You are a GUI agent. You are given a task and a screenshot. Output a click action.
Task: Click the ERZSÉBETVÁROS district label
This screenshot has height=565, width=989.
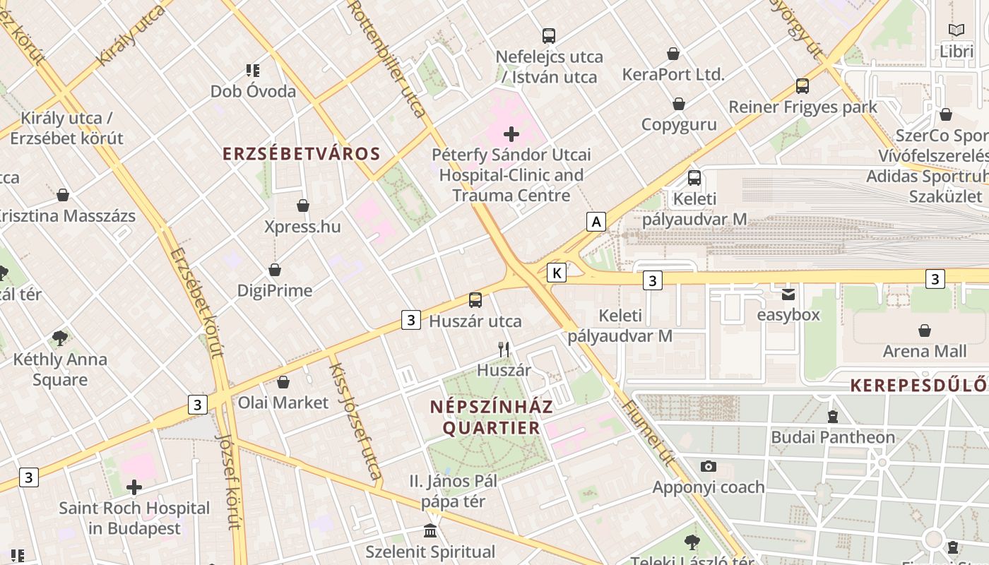(x=302, y=154)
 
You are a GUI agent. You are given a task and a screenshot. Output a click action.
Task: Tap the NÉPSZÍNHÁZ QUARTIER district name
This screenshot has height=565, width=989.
(x=491, y=417)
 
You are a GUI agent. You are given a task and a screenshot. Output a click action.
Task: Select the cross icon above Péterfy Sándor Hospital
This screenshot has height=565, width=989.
(x=511, y=134)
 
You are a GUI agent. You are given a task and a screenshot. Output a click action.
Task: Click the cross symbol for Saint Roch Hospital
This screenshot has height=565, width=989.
(x=134, y=487)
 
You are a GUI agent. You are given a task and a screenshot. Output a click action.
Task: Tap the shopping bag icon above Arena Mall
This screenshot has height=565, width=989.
(x=924, y=331)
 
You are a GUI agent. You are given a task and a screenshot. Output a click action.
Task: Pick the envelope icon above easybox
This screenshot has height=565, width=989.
(x=788, y=294)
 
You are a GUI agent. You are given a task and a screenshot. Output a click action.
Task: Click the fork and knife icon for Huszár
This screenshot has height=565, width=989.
(x=504, y=349)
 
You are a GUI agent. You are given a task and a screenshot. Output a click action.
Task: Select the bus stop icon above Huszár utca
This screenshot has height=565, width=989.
(x=475, y=300)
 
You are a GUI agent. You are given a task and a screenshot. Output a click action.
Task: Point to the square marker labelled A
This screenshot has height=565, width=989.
(x=596, y=222)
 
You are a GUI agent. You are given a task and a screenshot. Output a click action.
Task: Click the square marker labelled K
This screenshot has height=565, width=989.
(x=557, y=273)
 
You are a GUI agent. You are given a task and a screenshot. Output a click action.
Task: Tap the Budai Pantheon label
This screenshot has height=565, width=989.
(x=833, y=437)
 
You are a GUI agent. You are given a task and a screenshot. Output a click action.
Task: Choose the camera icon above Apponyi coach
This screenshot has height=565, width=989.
(x=708, y=466)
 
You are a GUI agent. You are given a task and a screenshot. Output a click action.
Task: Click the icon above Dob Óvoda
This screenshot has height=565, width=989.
(x=253, y=70)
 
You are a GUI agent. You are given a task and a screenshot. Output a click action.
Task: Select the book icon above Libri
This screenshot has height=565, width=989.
(x=957, y=30)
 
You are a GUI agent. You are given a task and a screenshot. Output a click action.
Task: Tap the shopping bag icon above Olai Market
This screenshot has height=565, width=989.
(x=283, y=382)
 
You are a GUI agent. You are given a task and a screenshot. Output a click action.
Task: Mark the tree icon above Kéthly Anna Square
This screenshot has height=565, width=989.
(x=60, y=338)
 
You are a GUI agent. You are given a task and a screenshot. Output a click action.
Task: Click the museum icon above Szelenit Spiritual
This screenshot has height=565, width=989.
(x=430, y=530)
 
